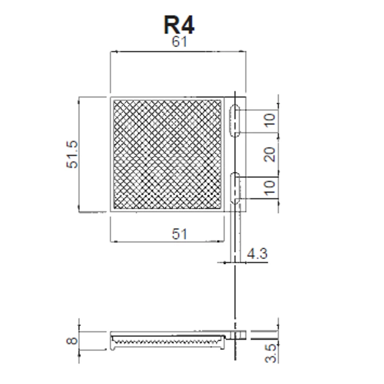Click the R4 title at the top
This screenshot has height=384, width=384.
[179, 25]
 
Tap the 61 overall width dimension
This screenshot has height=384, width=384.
[180, 42]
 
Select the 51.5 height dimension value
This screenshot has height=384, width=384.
[73, 154]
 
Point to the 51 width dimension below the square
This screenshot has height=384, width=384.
[180, 234]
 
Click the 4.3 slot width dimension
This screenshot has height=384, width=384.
[257, 253]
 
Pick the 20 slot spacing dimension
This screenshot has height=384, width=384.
[269, 154]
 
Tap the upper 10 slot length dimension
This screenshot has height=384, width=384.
[270, 120]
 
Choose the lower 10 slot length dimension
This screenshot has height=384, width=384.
[270, 188]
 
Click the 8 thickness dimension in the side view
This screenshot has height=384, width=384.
[72, 340]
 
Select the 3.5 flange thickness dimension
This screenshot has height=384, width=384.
[271, 353]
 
